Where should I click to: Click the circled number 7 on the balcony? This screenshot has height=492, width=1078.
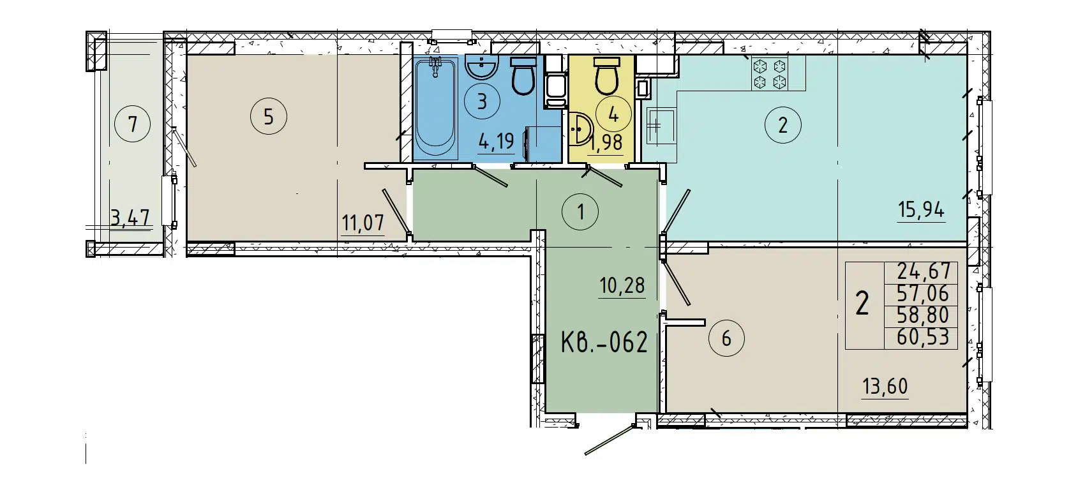(133, 124)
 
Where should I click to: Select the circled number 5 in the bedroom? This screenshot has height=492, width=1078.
(269, 117)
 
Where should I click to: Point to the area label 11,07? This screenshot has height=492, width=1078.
(363, 223)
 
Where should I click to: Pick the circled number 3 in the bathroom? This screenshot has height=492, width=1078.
(482, 101)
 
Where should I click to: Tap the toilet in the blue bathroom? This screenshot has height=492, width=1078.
(524, 77)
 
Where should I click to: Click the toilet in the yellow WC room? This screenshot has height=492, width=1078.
(606, 76)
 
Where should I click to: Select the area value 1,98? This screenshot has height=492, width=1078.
(606, 142)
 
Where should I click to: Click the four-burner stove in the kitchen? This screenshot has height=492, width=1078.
(769, 73)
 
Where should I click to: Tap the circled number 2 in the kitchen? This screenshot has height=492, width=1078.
(782, 124)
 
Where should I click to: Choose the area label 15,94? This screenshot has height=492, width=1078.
(920, 209)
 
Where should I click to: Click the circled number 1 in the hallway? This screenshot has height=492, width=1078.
(580, 211)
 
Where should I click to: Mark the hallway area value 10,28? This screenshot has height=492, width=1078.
(622, 285)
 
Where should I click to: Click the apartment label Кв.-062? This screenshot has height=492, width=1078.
(604, 343)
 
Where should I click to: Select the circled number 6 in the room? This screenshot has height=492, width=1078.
(726, 338)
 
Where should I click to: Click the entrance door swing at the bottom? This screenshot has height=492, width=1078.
(610, 440)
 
